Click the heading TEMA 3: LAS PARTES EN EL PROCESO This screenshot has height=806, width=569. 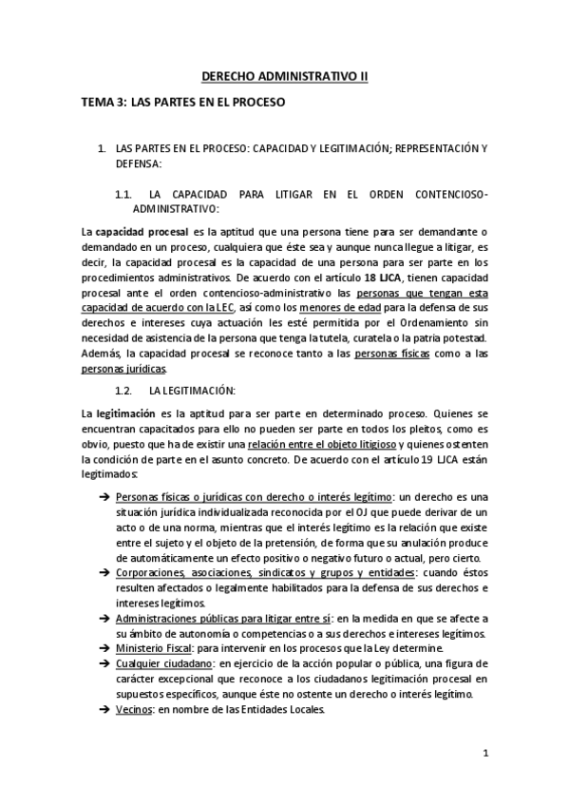183,102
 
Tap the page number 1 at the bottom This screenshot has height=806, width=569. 484,755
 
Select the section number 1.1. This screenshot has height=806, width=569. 123,194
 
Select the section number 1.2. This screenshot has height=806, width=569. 123,391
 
